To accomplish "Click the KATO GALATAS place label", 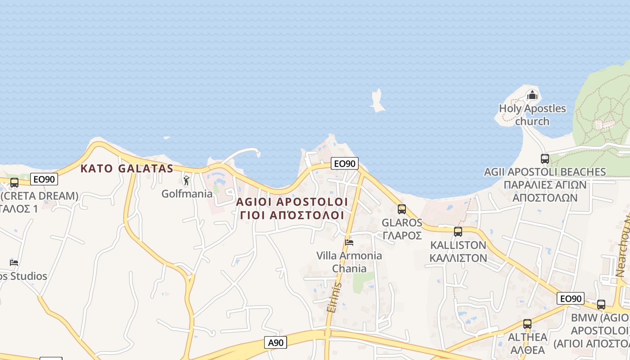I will (x=126, y=169).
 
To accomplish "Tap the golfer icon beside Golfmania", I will (x=186, y=181).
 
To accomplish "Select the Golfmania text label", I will (x=187, y=194).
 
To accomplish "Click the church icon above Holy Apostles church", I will (x=532, y=95).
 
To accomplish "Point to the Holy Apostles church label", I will (x=532, y=115).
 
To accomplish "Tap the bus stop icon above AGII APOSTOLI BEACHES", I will (x=544, y=159).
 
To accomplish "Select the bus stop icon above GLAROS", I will (x=401, y=209).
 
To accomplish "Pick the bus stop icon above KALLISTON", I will (x=458, y=232).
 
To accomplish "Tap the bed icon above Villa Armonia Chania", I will (x=349, y=243).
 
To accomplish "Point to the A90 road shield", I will (x=275, y=343).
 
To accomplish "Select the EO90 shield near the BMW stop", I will (x=571, y=298).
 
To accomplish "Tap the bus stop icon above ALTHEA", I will (x=527, y=324).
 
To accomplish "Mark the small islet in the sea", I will (x=377, y=100).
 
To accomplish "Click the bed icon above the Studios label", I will (x=14, y=262).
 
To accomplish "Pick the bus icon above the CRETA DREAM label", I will (x=14, y=183).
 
